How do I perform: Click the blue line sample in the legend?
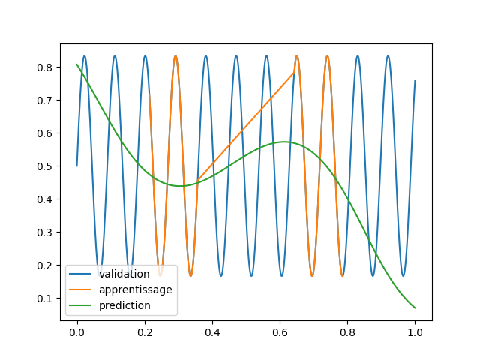(80, 274)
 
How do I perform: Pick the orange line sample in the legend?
(80, 290)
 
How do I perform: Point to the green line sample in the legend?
(80, 306)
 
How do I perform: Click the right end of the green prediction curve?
(415, 307)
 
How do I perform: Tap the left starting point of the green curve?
(76, 64)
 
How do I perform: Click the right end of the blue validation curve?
(415, 81)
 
